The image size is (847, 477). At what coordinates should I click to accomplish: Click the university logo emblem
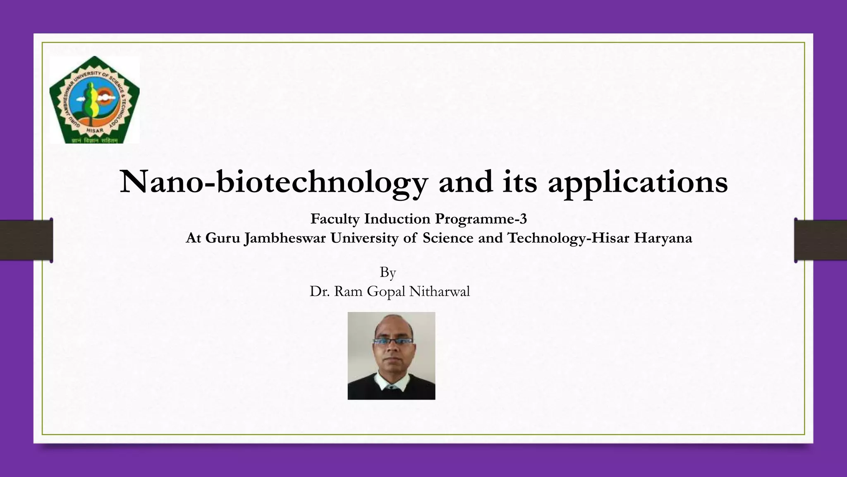(x=94, y=100)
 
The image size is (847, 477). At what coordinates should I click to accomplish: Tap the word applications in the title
(x=638, y=182)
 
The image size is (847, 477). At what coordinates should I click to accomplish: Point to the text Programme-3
(x=481, y=219)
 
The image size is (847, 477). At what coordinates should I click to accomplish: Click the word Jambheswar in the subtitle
(x=285, y=238)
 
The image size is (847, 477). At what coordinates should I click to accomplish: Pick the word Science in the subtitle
(x=448, y=238)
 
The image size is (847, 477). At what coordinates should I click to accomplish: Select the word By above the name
(x=388, y=272)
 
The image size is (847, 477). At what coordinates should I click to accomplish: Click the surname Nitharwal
(x=439, y=291)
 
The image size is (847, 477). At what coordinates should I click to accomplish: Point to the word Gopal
(x=386, y=292)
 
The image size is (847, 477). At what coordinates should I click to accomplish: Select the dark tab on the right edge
(x=821, y=240)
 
